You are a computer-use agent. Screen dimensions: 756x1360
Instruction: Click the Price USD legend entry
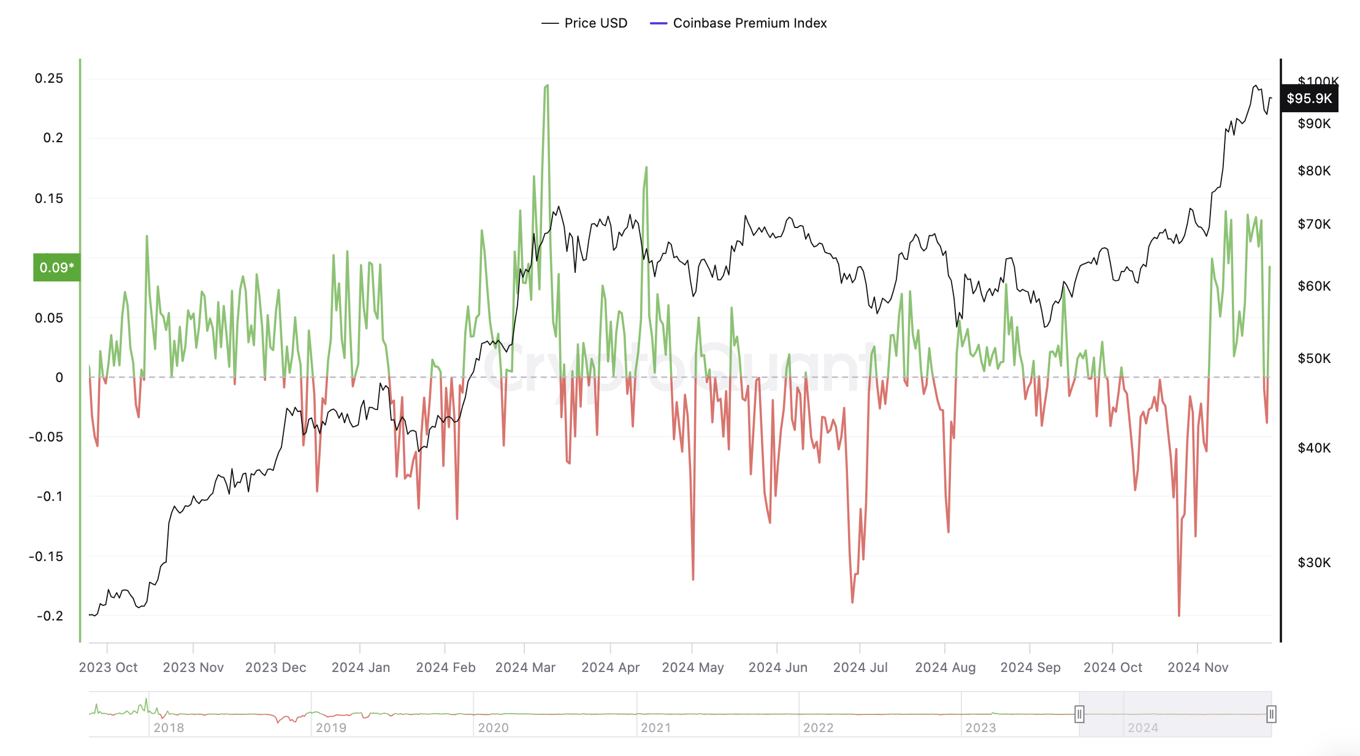(x=584, y=23)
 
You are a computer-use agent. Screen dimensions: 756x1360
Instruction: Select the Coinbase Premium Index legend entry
(x=738, y=23)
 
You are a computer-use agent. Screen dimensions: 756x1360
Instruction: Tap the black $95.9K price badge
(x=1309, y=99)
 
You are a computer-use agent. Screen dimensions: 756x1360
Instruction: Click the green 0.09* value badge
(x=56, y=267)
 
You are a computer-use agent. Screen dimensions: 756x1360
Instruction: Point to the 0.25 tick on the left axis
(x=49, y=78)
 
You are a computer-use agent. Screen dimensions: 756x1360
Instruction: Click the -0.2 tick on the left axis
(x=49, y=616)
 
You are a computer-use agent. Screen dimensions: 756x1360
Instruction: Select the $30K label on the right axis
(x=1314, y=562)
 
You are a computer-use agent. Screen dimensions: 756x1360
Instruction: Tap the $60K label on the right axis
(x=1314, y=286)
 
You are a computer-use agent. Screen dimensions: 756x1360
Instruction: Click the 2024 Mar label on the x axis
(x=525, y=667)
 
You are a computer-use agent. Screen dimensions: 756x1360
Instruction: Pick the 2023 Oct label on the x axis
(x=108, y=667)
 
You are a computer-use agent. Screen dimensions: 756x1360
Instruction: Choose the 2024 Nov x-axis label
(x=1198, y=667)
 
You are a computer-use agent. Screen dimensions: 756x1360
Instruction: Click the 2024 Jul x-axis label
(x=860, y=667)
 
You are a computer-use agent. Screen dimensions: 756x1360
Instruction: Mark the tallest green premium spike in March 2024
(x=546, y=86)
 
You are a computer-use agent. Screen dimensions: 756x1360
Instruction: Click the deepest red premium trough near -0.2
(x=1179, y=614)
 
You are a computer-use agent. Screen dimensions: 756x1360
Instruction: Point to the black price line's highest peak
(x=1255, y=86)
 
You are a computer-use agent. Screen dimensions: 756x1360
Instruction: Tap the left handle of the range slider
(x=1079, y=714)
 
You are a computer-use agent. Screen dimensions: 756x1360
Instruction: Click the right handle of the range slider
(x=1271, y=714)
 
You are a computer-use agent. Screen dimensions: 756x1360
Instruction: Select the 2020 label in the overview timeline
(x=493, y=728)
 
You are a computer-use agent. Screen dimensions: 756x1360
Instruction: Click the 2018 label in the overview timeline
(x=169, y=728)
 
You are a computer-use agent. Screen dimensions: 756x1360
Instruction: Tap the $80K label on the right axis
(x=1314, y=171)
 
